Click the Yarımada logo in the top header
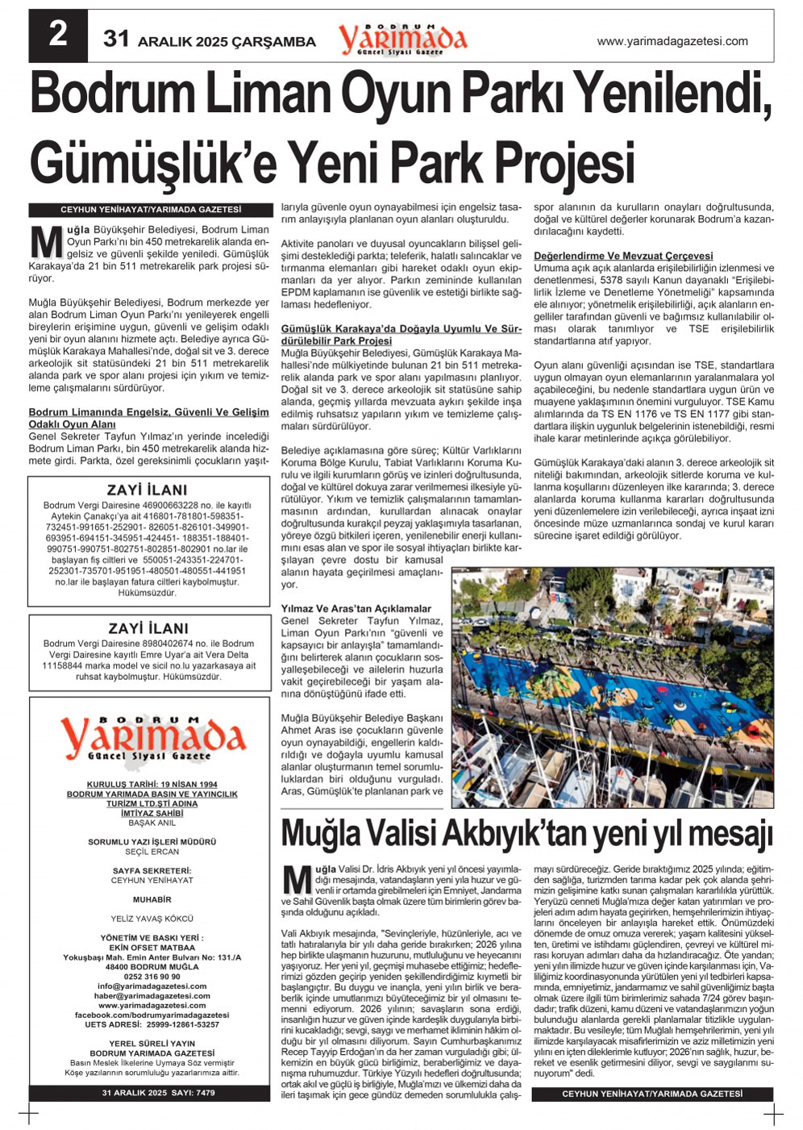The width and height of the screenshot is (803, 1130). coord(402,38)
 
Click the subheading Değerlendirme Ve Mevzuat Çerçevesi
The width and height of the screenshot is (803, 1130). coord(623,256)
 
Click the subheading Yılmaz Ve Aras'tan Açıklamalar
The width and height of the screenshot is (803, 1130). coord(356,609)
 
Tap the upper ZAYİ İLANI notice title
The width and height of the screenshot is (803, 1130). coord(148,490)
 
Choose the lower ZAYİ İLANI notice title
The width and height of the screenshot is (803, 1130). coord(148,628)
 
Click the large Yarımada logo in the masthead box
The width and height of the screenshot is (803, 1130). coord(152,737)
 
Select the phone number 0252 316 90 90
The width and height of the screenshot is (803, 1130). coord(152,976)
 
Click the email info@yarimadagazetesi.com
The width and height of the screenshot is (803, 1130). coord(152,986)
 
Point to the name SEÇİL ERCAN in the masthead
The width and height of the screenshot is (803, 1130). coord(152,852)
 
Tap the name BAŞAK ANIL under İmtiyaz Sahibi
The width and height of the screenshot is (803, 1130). coord(152,823)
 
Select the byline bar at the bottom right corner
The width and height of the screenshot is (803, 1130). coord(652,1094)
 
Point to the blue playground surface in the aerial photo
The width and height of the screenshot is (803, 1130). coord(564,686)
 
